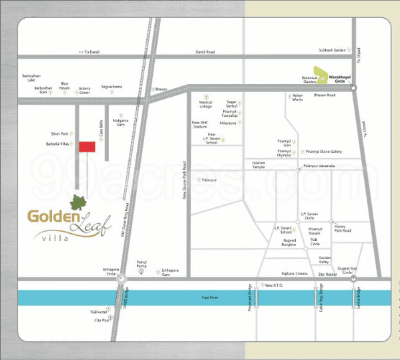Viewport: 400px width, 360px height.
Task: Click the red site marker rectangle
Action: click(87, 148)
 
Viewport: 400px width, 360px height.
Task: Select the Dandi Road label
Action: click(205, 52)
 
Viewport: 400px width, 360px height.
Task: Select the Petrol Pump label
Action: click(141, 264)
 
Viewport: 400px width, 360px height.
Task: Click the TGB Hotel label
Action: click(98, 312)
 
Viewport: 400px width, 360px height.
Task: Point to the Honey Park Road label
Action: click(342, 228)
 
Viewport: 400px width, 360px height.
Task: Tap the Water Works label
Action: click(297, 98)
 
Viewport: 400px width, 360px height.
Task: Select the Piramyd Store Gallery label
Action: click(324, 152)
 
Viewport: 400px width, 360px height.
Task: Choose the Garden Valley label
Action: click(306, 260)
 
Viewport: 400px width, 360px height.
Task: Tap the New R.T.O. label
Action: click(275, 286)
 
